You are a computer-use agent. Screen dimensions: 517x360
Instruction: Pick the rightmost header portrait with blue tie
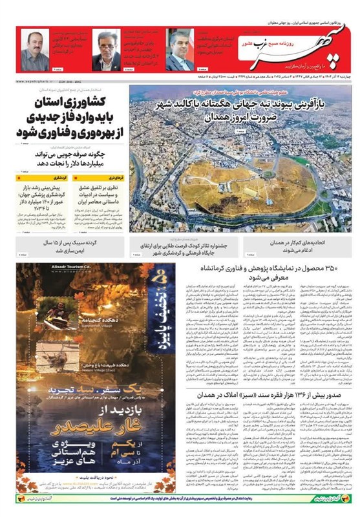[180, 50]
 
